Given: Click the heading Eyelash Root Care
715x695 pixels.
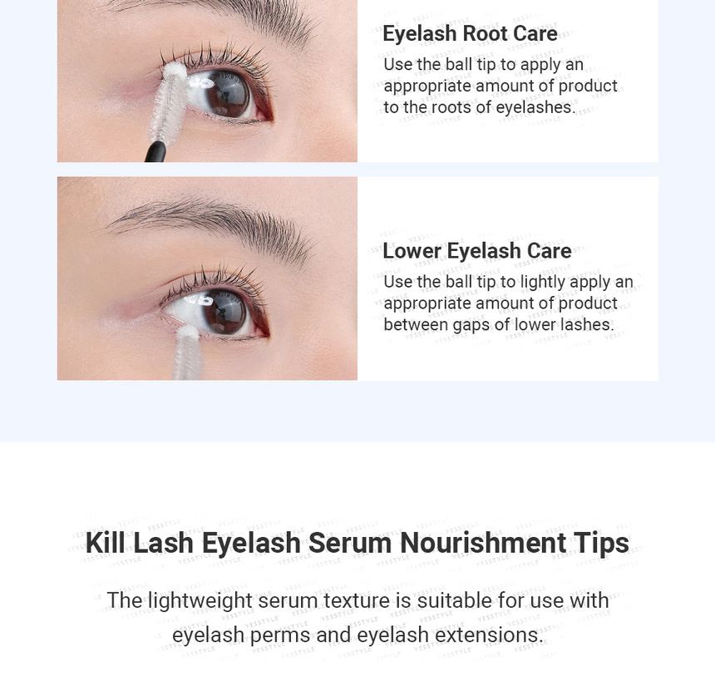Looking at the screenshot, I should pos(470,34).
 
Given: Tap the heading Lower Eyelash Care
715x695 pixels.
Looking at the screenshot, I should pos(476,251).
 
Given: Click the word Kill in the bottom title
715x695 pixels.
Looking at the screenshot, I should pos(105,543).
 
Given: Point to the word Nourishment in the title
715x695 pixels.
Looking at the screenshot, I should pos(483,543).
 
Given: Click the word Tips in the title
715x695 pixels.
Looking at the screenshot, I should pos(601,543).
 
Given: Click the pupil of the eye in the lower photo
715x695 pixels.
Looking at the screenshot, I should pos(222,310).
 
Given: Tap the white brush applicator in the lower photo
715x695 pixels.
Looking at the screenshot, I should pos(186,353).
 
